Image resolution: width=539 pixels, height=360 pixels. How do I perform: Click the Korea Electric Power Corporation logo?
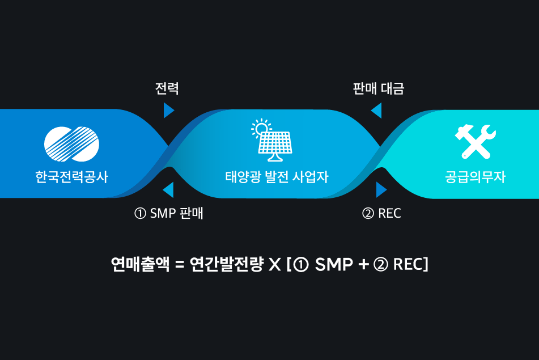click(71, 144)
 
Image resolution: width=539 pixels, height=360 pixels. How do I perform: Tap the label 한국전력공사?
click(72, 177)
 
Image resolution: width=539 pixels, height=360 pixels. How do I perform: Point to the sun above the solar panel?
click(261, 128)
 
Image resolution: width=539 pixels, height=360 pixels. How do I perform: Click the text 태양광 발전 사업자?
click(277, 177)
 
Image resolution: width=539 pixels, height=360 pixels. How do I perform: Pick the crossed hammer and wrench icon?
click(476, 141)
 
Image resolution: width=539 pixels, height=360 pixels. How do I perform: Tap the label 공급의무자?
click(475, 177)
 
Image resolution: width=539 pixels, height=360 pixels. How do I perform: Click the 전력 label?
click(167, 88)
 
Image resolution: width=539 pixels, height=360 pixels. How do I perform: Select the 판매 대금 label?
click(379, 88)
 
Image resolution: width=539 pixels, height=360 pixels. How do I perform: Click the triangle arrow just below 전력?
click(168, 111)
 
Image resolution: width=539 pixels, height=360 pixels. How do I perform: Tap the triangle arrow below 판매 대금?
click(377, 111)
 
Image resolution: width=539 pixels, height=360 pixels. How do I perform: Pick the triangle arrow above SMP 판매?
click(168, 190)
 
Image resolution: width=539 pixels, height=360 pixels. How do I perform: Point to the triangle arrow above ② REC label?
click(381, 190)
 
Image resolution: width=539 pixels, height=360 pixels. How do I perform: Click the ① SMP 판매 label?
click(168, 213)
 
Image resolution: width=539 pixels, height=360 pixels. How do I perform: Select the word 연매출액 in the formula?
click(140, 264)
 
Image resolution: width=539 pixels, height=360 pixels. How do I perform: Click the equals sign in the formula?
click(180, 265)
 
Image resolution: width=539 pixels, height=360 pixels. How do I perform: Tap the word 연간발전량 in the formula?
click(227, 264)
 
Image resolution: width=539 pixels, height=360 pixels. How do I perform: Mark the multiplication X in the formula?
click(275, 265)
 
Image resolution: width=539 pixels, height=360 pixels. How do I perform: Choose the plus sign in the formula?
click(363, 265)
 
